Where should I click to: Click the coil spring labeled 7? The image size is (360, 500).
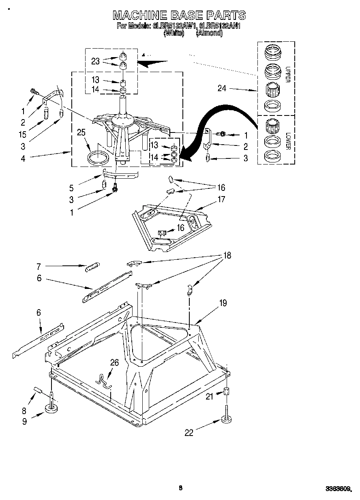click(x=92, y=267)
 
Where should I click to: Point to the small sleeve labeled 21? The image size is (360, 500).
click(x=227, y=392)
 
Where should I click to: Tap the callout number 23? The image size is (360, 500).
click(x=95, y=61)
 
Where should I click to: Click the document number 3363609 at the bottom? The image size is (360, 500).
click(x=338, y=489)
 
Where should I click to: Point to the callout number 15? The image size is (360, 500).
click(x=23, y=134)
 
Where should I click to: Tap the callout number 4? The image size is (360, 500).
click(x=23, y=158)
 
